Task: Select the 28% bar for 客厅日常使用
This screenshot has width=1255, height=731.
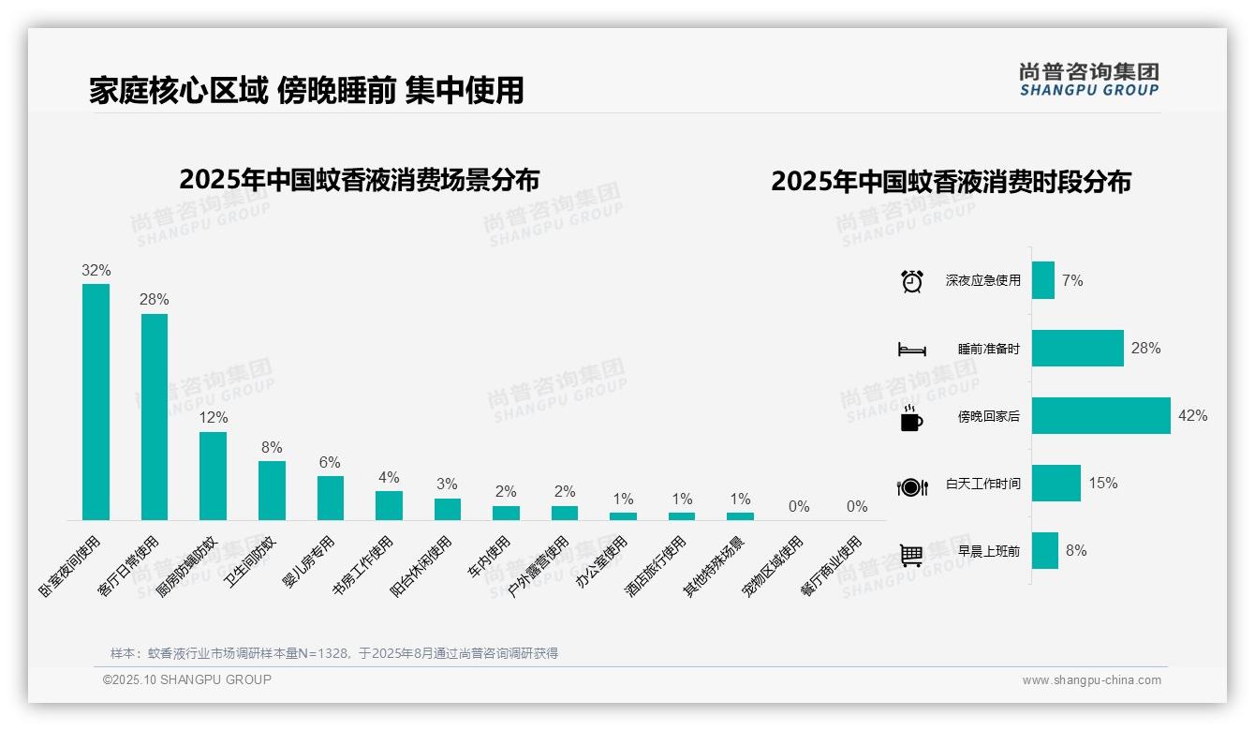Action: point(155,416)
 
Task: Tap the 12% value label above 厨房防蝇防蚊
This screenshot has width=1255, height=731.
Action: point(213,418)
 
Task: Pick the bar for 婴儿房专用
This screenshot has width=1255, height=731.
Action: point(331,498)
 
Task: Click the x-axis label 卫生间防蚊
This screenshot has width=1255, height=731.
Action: point(251,560)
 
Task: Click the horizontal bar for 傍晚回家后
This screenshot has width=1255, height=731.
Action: point(1100,416)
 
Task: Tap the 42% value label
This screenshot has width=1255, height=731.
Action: point(1192,416)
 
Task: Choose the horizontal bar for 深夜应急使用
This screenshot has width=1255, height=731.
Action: point(1043,280)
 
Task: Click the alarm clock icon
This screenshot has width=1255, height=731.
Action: point(911,281)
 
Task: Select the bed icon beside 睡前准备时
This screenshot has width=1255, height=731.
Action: point(911,350)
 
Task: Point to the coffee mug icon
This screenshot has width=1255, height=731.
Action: point(911,418)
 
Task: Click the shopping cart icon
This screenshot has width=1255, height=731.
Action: point(911,555)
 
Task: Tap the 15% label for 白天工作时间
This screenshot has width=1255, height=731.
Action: point(1102,484)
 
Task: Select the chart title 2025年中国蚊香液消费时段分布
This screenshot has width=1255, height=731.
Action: point(951,182)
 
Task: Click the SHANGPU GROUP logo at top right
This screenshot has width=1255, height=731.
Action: point(1088,80)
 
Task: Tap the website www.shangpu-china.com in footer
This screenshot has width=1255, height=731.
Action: point(1091,680)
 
